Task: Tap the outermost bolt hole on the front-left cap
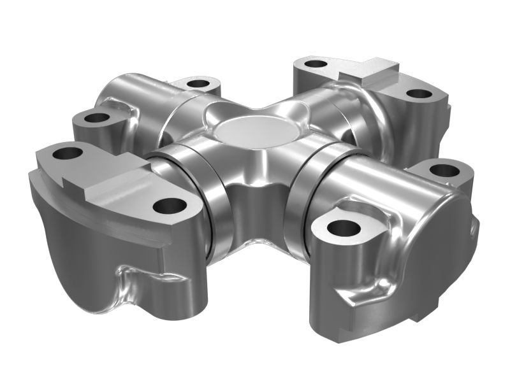pyautogui.click(x=68, y=153)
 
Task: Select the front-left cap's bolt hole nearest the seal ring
pyautogui.click(x=169, y=205)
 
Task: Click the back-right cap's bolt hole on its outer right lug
pyautogui.click(x=418, y=94)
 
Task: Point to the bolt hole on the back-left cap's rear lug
pyautogui.click(x=199, y=83)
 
